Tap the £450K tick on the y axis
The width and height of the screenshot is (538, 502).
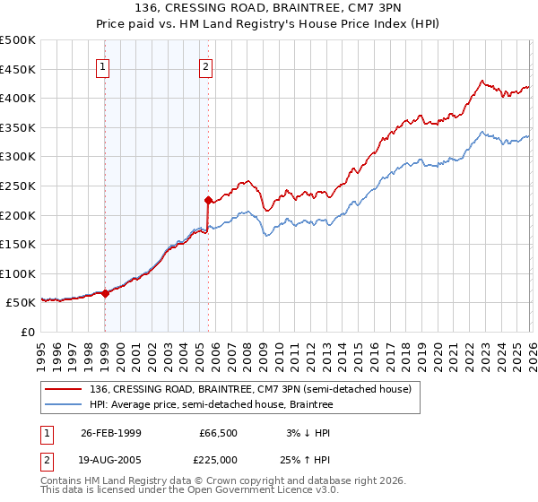[19, 69]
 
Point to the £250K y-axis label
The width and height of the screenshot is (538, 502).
[19, 186]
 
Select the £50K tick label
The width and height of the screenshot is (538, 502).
[22, 303]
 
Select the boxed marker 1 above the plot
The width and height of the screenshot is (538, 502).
[104, 66]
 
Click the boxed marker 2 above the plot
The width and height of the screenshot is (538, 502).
[207, 66]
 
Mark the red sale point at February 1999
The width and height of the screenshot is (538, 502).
[105, 292]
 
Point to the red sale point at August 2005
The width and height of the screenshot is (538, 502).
[208, 200]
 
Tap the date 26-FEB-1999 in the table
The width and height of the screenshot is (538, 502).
[110, 433]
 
